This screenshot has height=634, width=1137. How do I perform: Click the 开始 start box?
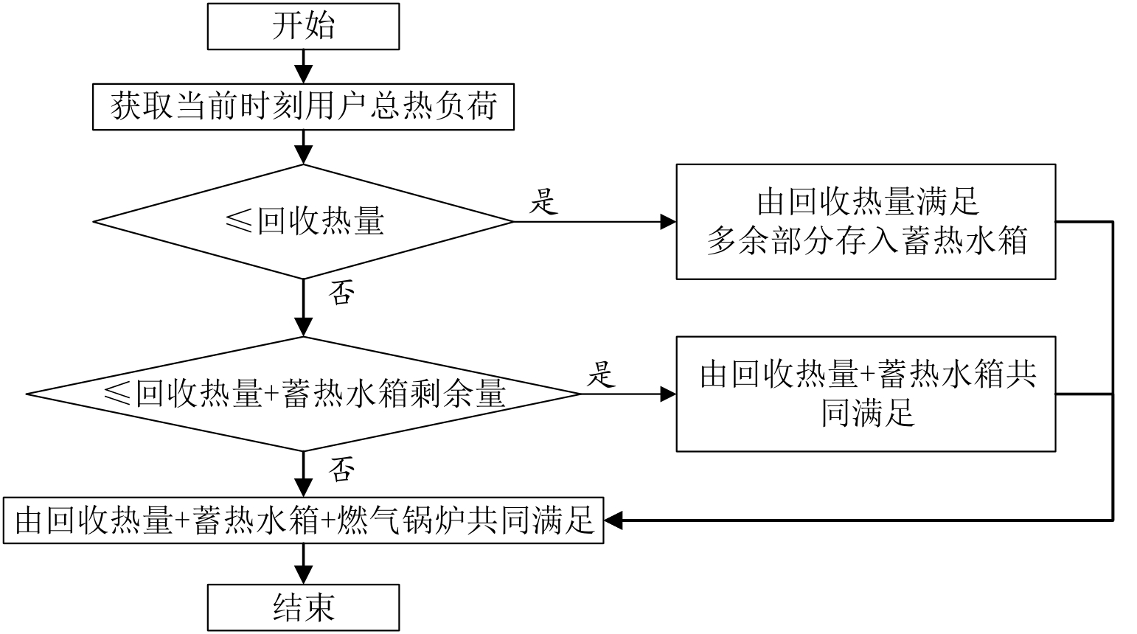point(303,27)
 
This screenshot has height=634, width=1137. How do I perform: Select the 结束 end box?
point(303,607)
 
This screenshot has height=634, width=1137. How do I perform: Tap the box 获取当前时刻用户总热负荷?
point(303,108)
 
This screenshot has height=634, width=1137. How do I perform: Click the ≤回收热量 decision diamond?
point(303,221)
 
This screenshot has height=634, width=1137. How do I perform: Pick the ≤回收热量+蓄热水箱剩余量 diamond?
point(303,394)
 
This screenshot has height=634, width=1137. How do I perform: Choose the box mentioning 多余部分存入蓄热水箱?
point(866,221)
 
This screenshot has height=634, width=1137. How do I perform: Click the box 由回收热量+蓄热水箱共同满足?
point(866,394)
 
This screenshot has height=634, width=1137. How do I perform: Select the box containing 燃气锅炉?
point(303,521)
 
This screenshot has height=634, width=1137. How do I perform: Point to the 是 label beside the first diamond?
point(543,201)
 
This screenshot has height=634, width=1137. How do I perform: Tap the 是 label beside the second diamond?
point(600,374)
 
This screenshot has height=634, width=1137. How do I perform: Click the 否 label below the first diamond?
point(341,293)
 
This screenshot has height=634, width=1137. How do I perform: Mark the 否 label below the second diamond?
point(341,469)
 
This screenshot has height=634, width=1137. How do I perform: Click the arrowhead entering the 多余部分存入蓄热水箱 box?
point(668,221)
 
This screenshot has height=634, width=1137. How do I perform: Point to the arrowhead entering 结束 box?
point(303,576)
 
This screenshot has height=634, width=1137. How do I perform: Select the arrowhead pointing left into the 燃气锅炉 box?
point(613,521)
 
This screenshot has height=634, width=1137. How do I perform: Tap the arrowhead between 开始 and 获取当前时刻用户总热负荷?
point(303,74)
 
